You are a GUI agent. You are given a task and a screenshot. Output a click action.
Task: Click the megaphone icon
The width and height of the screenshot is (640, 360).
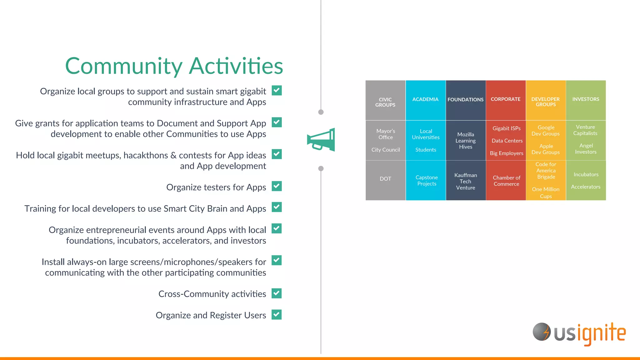pos(321,140)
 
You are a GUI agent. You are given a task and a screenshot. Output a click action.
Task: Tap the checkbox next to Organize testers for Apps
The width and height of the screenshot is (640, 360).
pos(277,186)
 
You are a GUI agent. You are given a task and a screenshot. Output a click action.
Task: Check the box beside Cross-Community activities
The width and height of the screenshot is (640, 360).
pos(277,293)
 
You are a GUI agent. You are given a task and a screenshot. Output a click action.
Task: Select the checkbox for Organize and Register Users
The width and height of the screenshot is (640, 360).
pos(277,314)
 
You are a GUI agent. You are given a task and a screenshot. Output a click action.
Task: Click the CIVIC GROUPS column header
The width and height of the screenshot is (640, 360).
pos(385,101)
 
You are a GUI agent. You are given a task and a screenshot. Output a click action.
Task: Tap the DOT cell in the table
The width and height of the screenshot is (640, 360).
pos(385,179)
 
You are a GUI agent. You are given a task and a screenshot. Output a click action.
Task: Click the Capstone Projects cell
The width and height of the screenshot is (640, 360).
pos(426,181)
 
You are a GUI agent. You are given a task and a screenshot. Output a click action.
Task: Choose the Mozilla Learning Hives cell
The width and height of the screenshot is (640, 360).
pos(466,141)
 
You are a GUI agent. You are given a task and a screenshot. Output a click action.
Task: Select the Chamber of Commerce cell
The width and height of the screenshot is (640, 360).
pos(506,181)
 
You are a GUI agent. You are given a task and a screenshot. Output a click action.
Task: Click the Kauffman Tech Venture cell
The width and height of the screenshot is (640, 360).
pos(466,181)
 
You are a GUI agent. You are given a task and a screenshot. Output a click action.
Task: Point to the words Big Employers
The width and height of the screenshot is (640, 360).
pos(506,153)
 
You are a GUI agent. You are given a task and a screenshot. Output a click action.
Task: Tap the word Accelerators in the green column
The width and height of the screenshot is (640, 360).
pos(586,187)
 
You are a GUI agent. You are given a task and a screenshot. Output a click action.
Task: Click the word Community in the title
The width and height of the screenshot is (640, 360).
pos(123,66)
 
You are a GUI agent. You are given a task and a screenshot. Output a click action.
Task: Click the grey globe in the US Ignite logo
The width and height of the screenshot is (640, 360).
pos(541,332)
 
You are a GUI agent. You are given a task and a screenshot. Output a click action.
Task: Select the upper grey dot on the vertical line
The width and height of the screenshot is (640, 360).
pos(321,112)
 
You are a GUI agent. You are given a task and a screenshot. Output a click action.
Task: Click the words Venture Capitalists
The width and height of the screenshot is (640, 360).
pos(585,130)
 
